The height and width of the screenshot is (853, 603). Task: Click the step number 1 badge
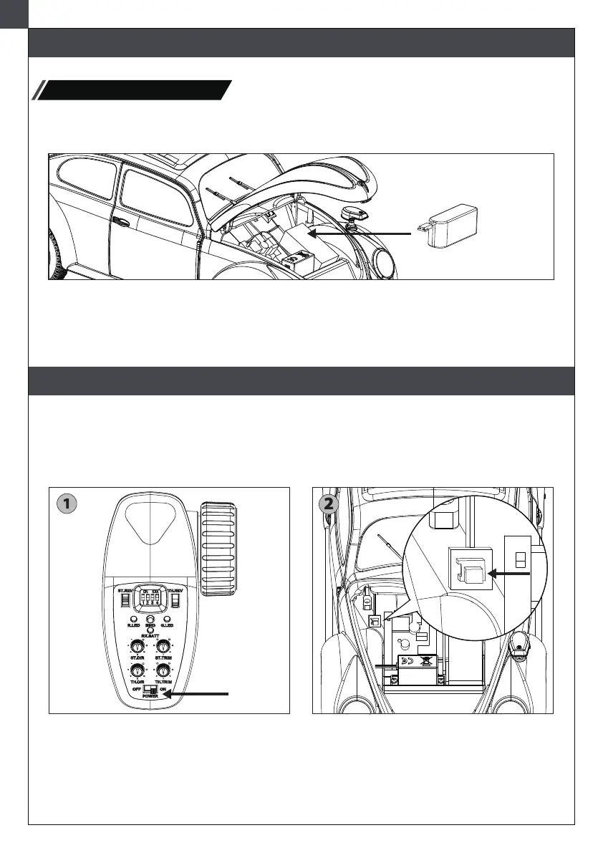(x=66, y=504)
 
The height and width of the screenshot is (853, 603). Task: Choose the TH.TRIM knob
(x=164, y=670)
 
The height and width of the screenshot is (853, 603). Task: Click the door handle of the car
(x=121, y=223)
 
